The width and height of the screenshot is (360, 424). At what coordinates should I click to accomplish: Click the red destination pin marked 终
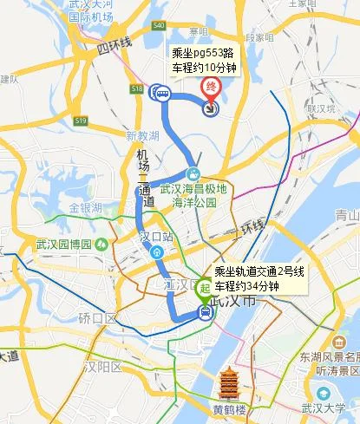click(210, 88)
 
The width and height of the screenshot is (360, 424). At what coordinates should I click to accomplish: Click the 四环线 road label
click(115, 43)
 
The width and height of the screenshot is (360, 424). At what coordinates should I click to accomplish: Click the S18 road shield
click(136, 88)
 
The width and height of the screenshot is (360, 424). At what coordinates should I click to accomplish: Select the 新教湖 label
click(142, 136)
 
